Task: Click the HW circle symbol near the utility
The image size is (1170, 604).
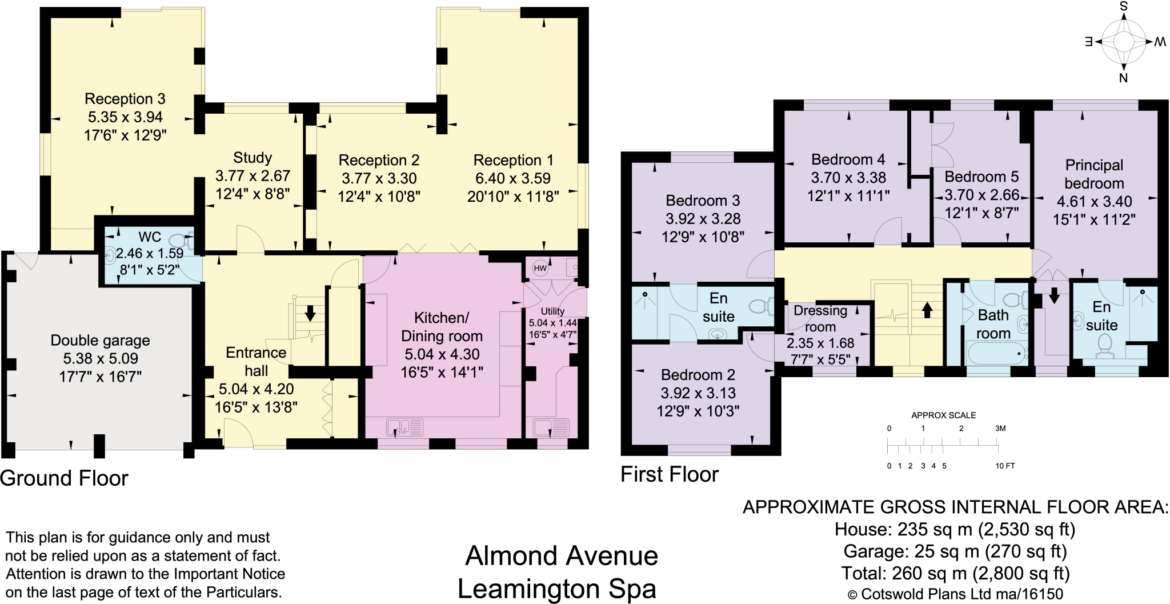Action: tap(540, 268)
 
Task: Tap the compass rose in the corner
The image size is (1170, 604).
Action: tap(1123, 42)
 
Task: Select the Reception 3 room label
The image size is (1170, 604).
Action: tap(125, 99)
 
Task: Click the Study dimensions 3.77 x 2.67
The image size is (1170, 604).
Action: tap(253, 176)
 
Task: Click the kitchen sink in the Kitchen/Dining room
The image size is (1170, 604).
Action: tap(404, 427)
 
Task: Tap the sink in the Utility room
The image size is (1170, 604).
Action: tap(551, 427)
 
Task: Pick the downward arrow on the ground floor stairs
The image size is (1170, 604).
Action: tap(310, 313)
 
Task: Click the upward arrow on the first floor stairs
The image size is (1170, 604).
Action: tap(927, 310)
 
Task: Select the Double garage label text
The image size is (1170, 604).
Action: tap(101, 341)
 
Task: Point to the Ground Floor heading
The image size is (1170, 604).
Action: tap(64, 478)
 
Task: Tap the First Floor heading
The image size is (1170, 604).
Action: tap(670, 474)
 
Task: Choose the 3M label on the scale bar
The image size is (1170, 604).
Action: tap(1000, 429)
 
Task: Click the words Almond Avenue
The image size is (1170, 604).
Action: tap(562, 555)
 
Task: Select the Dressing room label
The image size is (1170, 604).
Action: tap(820, 318)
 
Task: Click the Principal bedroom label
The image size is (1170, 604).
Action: tap(1094, 174)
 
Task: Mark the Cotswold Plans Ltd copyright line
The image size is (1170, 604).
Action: tap(955, 594)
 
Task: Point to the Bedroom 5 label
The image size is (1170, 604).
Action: tap(981, 177)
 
